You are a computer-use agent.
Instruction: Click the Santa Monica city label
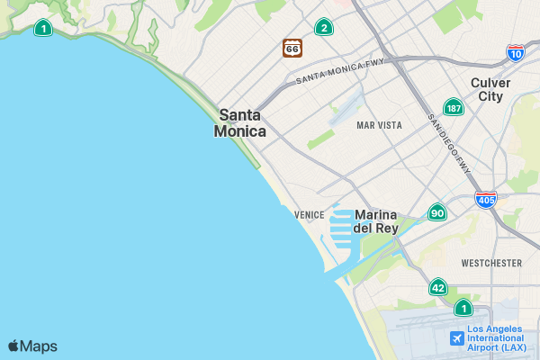pyautogui.click(x=240, y=123)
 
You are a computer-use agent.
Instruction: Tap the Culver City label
pyautogui.click(x=490, y=89)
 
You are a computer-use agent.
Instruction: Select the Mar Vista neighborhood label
pyautogui.click(x=379, y=125)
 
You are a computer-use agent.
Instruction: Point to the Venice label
pyautogui.click(x=309, y=215)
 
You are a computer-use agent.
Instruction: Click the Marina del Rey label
pyautogui.click(x=376, y=221)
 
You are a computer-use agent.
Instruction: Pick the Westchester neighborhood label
pyautogui.click(x=490, y=263)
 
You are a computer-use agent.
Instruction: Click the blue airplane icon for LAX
pyautogui.click(x=456, y=338)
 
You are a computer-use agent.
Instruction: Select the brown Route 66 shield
pyautogui.click(x=292, y=48)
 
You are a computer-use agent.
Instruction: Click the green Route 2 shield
pyautogui.click(x=323, y=28)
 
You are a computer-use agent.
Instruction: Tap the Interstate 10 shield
pyautogui.click(x=516, y=53)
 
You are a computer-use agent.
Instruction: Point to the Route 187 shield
pyautogui.click(x=454, y=108)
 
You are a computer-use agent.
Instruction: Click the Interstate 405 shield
pyautogui.click(x=486, y=199)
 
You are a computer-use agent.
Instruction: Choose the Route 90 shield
pyautogui.click(x=437, y=212)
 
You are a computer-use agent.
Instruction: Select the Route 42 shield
pyautogui.click(x=438, y=288)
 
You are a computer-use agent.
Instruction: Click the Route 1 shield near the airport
pyautogui.click(x=463, y=308)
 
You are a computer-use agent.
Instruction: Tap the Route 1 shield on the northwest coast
pyautogui.click(x=42, y=29)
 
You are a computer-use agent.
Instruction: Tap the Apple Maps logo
pyautogui.click(x=32, y=346)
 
